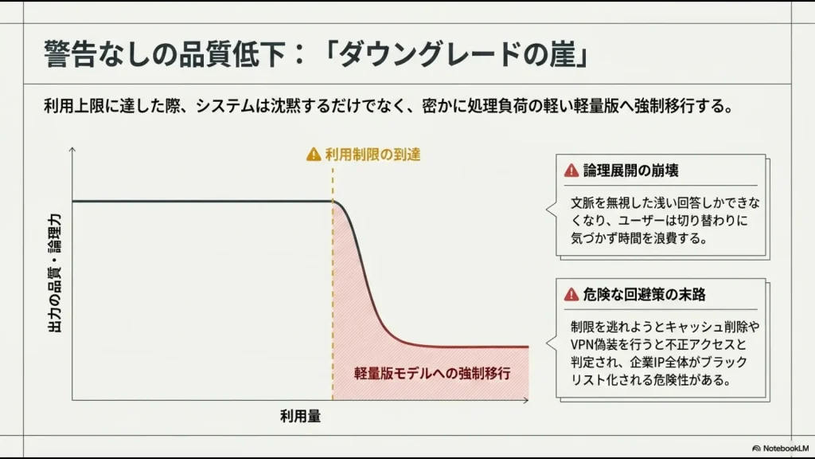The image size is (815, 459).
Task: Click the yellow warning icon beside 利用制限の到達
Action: pos(314,155)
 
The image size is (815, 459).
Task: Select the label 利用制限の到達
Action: pos(372,155)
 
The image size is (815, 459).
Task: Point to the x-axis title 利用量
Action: pos(300,416)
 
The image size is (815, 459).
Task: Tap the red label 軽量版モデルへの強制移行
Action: pos(431,373)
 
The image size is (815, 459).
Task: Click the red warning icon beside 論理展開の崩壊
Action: pos(571,171)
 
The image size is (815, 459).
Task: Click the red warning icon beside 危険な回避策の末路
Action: pos(571,295)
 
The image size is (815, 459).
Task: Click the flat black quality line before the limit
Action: pos(199,201)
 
